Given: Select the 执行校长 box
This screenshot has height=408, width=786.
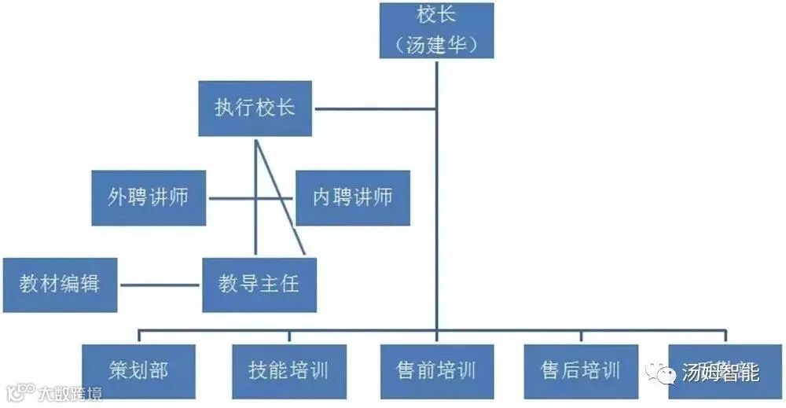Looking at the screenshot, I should pyautogui.click(x=255, y=108).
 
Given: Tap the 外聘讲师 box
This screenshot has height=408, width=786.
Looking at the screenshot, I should pyautogui.click(x=149, y=197).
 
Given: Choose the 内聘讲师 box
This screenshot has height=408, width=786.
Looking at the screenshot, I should pyautogui.click(x=353, y=197).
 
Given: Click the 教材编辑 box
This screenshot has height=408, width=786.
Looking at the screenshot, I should pyautogui.click(x=60, y=284).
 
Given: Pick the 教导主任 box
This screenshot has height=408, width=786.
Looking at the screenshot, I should pyautogui.click(x=259, y=284).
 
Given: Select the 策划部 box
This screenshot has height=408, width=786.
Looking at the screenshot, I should pyautogui.click(x=138, y=370).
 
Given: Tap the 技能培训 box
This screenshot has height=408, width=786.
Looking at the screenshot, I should pyautogui.click(x=288, y=370).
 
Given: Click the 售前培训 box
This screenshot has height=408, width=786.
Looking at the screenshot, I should pyautogui.click(x=436, y=370).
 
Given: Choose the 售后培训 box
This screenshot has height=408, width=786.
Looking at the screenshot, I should pyautogui.click(x=581, y=370).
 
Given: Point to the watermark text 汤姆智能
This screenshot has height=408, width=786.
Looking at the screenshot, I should pyautogui.click(x=720, y=372).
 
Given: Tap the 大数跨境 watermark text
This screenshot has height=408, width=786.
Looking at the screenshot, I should pyautogui.click(x=71, y=392).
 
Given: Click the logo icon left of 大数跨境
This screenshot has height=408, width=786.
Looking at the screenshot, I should pyautogui.click(x=21, y=391).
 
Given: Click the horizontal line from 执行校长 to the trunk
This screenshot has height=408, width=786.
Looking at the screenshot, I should pyautogui.click(x=373, y=108).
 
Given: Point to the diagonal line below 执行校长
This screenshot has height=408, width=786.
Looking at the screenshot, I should pyautogui.click(x=278, y=197).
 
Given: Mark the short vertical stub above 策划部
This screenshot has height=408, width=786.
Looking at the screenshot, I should pyautogui.click(x=139, y=336).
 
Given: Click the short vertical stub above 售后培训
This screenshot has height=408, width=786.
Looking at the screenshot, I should pyautogui.click(x=581, y=336).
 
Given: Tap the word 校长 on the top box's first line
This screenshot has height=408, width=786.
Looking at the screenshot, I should pyautogui.click(x=436, y=16).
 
